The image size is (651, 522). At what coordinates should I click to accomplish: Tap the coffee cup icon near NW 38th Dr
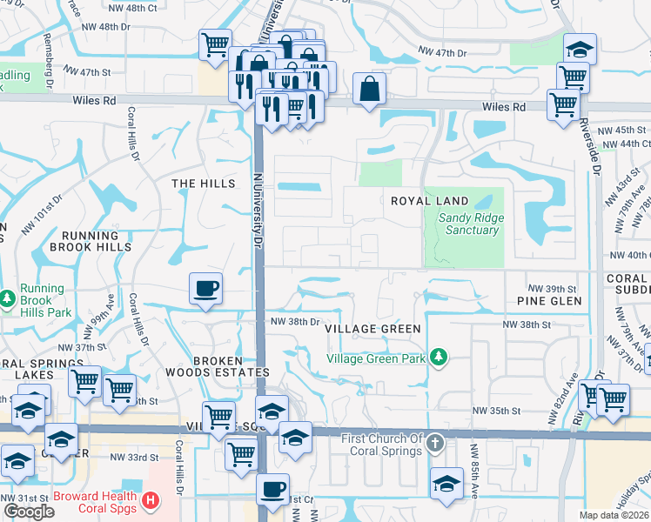tap(205, 288)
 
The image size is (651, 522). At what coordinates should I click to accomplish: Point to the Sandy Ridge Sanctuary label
tap(469, 224)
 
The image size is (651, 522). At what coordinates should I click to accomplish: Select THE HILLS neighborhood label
tap(204, 184)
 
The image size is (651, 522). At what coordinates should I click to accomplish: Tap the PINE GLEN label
tap(548, 300)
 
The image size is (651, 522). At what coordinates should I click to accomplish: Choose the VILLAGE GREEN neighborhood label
tap(372, 329)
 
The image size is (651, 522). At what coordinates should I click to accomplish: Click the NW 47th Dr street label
tap(443, 53)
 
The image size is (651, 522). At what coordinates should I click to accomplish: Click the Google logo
tap(29, 512)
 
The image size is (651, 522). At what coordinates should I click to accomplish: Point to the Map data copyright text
tap(614, 515)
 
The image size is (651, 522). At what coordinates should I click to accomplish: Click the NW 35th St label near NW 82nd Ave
tap(496, 411)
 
